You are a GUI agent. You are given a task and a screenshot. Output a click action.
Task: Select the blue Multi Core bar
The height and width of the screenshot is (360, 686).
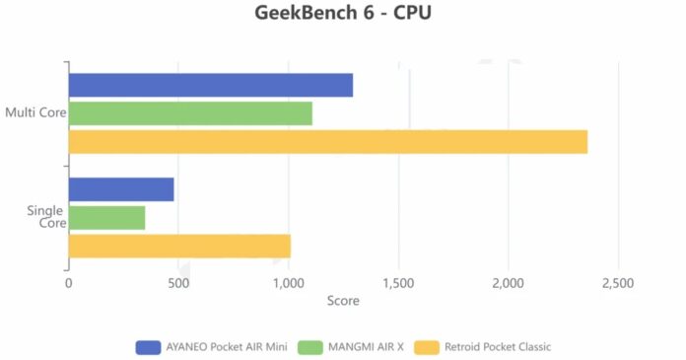(210, 86)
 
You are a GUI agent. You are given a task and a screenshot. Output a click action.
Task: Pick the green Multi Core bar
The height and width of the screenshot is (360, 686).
(190, 113)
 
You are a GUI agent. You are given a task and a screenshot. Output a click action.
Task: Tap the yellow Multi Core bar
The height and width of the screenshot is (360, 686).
(327, 142)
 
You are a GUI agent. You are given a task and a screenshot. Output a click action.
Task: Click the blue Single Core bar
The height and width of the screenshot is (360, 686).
(121, 189)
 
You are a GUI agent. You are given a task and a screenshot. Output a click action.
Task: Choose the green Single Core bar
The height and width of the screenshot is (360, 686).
(106, 217)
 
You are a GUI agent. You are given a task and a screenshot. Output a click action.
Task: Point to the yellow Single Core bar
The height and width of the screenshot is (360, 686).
(179, 246)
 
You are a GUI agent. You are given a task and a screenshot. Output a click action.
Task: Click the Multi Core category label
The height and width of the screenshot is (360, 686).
(34, 112)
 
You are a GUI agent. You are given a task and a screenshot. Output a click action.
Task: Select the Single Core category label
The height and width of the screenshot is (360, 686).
(45, 216)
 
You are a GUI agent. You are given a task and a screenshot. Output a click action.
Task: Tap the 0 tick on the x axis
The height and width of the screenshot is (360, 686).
(68, 283)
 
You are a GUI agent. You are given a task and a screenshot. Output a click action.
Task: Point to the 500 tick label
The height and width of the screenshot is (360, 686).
(177, 283)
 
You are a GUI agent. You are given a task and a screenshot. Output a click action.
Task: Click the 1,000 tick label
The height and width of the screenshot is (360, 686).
(288, 283)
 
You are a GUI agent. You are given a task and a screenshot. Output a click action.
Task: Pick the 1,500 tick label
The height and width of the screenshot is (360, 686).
(398, 283)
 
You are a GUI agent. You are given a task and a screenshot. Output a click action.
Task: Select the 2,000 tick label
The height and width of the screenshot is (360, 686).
(508, 283)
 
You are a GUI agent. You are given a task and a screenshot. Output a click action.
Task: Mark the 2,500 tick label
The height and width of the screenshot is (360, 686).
(618, 283)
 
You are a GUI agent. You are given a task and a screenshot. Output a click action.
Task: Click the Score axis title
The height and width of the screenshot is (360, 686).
(343, 300)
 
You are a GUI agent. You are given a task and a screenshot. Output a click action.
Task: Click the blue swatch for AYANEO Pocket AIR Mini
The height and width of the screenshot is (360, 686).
(149, 346)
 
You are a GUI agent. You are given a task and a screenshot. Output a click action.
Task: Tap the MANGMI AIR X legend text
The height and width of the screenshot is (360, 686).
(367, 346)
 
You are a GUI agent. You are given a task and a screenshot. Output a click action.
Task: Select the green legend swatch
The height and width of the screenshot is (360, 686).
(309, 346)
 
